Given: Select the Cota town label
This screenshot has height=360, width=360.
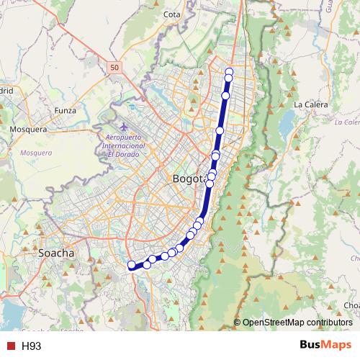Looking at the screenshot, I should [x=171, y=14].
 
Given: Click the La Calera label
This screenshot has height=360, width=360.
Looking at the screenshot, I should [x=311, y=104].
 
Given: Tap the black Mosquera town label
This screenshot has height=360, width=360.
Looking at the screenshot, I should [x=28, y=130].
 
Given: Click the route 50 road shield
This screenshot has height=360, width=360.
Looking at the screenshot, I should [x=115, y=67].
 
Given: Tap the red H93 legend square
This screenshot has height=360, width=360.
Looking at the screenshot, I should [x=10, y=346].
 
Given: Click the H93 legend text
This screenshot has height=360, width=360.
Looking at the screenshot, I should [x=31, y=346].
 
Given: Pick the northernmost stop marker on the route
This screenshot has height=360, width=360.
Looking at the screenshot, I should [x=229, y=71].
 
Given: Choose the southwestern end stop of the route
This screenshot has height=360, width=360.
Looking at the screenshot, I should [x=132, y=266].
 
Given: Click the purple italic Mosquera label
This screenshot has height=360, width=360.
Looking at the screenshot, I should [x=36, y=153].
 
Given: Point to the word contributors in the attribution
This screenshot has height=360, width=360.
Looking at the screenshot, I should [x=325, y=322].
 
